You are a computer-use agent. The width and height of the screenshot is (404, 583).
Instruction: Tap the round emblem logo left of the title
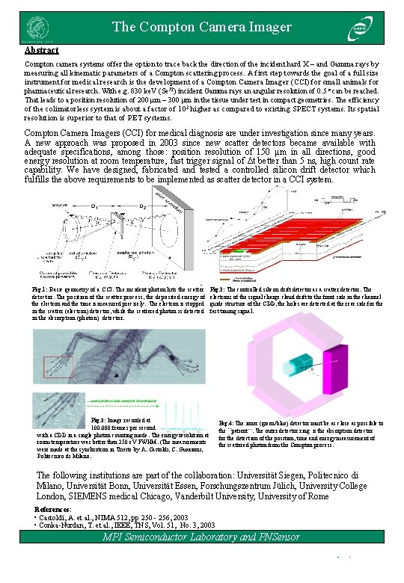coord(34,28)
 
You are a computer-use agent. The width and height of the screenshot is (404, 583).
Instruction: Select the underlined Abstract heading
coord(42,50)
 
